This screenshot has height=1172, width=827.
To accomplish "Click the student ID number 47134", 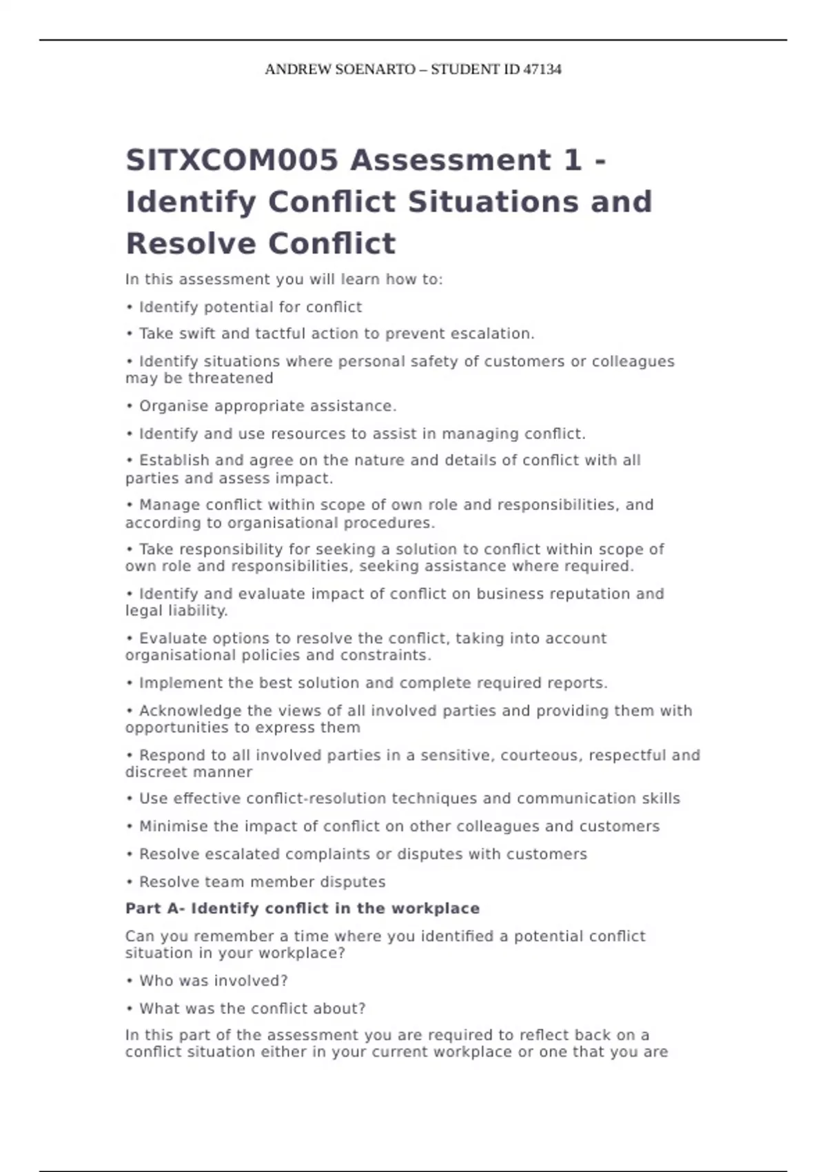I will (x=542, y=70).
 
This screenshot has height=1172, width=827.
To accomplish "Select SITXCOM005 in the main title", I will (x=232, y=161).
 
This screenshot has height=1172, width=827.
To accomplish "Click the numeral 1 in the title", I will (x=572, y=161).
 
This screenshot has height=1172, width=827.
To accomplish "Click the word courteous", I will (x=541, y=756).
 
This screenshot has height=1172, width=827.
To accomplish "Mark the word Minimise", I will (x=170, y=827).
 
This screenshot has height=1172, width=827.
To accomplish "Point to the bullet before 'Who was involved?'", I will (x=130, y=981).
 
